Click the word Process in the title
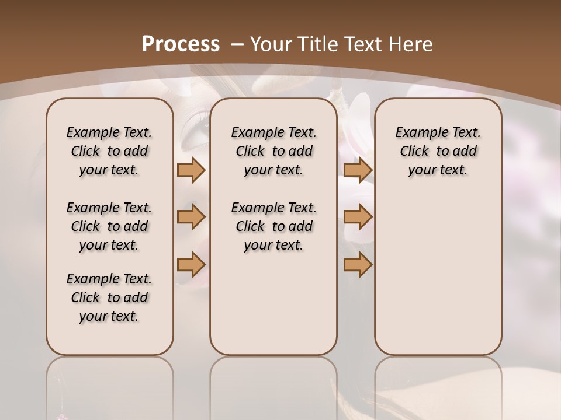[x=181, y=44]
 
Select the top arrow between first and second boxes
[x=191, y=170]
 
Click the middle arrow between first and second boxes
[x=191, y=217]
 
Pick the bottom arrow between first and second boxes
[x=191, y=264]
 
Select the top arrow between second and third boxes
[x=358, y=170]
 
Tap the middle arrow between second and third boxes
[x=358, y=217]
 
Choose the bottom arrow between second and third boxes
[x=358, y=264]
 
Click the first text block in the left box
[x=109, y=151]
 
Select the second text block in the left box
[x=109, y=226]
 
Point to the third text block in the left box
[x=109, y=297]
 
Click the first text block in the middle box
[x=273, y=151]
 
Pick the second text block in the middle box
[x=273, y=226]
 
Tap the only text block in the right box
[x=438, y=151]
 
